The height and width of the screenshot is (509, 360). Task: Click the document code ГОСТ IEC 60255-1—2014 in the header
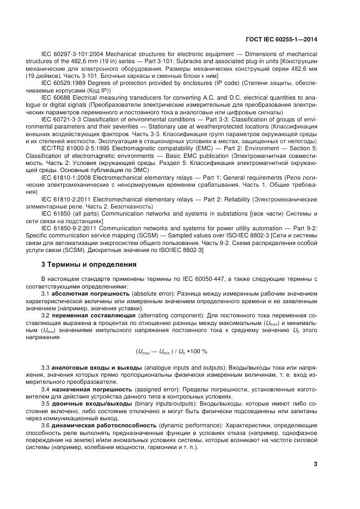point(280,39)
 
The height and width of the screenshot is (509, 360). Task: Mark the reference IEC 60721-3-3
point(61,118)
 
